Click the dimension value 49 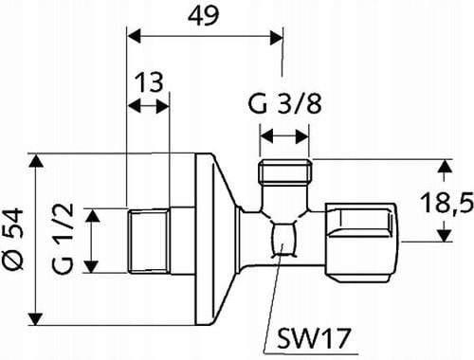click(x=204, y=17)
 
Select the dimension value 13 click(x=147, y=84)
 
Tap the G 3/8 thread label click(x=283, y=103)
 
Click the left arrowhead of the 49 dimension click(x=134, y=36)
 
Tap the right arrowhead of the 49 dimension click(x=276, y=36)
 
